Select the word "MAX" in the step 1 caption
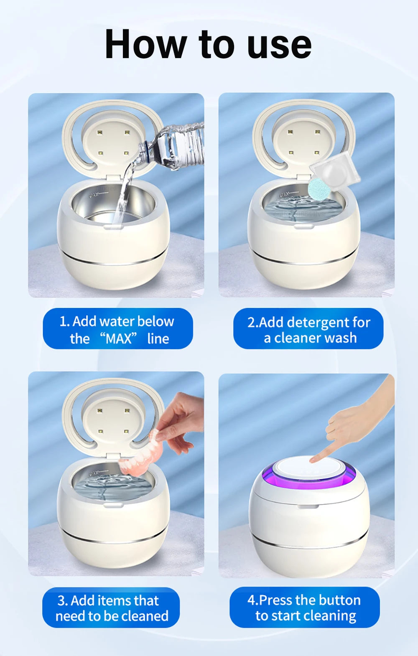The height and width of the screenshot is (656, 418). click(119, 338)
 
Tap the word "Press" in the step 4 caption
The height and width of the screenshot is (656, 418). click(275, 600)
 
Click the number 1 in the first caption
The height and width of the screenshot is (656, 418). click(63, 321)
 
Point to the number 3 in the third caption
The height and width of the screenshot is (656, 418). click(62, 601)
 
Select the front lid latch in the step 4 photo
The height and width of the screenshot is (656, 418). click(308, 507)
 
